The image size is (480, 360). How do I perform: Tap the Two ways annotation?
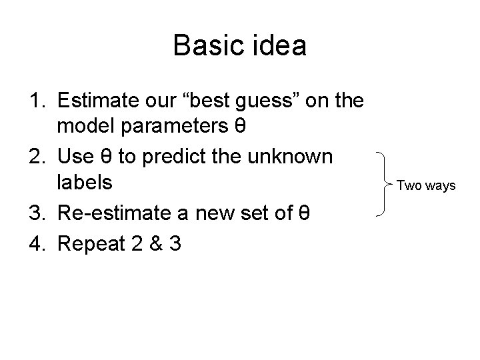click(426, 185)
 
